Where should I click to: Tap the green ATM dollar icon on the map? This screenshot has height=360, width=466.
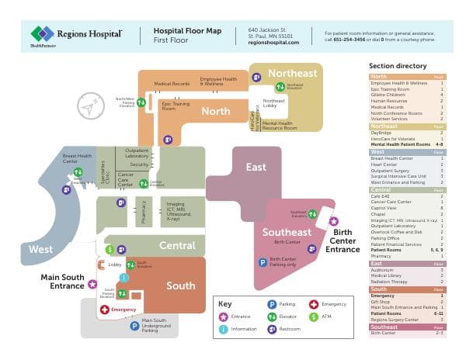tap(110, 250)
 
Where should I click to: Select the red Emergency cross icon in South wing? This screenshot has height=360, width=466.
tap(105, 310)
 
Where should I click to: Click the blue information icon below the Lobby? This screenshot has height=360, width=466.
tap(123, 278)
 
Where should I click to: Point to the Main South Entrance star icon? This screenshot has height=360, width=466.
tap(92, 284)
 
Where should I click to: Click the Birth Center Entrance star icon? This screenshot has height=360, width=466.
tap(334, 221)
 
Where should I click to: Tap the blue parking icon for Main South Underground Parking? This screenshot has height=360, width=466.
tap(134, 326)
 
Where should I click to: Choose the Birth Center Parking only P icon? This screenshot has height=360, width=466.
tap(263, 262)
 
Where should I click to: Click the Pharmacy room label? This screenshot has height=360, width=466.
tap(144, 211)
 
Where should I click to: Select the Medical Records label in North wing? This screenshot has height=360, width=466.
tap(172, 83)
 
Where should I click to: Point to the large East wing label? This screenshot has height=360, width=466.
tap(256, 168)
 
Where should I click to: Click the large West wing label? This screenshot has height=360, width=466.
tap(40, 250)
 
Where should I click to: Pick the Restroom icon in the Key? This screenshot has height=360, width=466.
tap(272, 329)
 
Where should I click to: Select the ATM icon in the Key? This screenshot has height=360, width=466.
tap(314, 317)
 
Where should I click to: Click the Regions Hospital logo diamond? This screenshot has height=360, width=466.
tap(42, 33)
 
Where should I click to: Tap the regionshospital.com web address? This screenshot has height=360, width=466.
tap(273, 42)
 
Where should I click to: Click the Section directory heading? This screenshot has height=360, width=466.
tap(397, 67)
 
